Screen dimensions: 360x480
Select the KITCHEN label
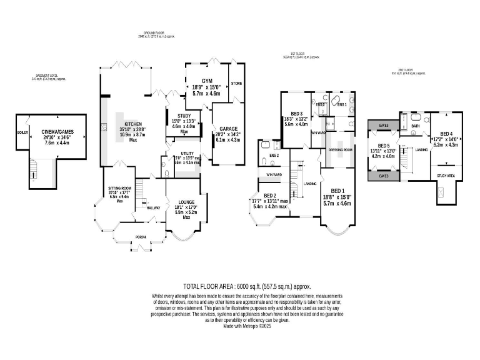tap(132, 124)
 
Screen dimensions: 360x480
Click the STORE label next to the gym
tap(236, 83)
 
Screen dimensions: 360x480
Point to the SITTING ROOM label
tap(119, 187)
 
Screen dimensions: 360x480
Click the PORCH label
tap(141, 237)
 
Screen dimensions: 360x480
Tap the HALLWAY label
tap(154, 207)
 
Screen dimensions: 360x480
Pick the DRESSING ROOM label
tap(341, 151)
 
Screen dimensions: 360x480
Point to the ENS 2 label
tap(273, 155)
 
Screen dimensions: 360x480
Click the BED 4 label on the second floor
tap(446, 133)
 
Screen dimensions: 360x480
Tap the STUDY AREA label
tap(446, 176)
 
